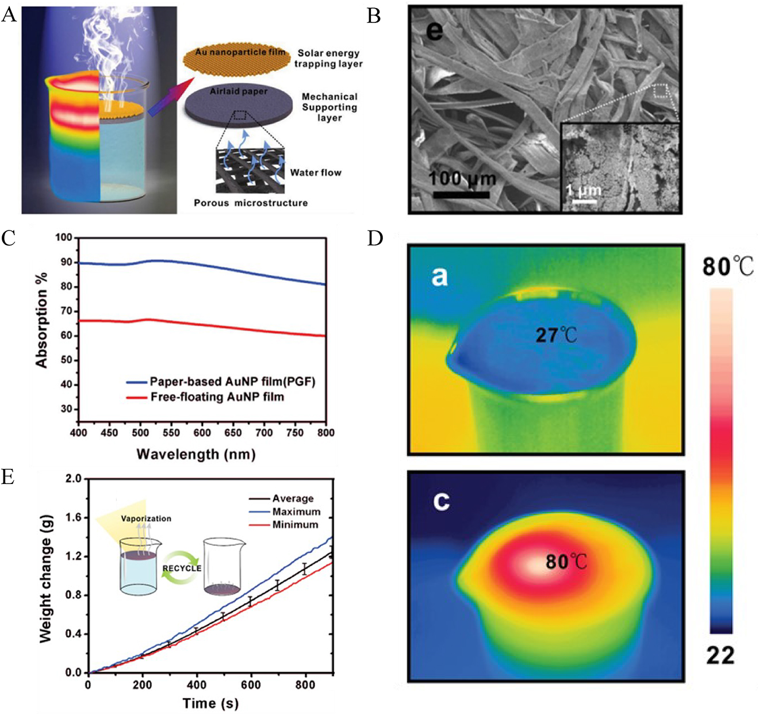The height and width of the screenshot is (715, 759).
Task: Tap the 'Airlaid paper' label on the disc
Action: coord(239,91)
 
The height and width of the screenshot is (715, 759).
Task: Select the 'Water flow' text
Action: coord(316,172)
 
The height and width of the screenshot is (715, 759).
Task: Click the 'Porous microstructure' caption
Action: coord(251,203)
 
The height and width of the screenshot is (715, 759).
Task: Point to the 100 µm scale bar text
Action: coord(462,179)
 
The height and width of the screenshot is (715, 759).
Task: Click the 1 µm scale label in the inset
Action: coord(584,190)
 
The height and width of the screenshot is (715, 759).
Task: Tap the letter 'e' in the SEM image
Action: coord(435,30)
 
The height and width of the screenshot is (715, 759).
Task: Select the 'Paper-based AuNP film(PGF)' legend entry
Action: coord(232,382)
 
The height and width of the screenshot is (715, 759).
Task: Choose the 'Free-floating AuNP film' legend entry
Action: coord(217,397)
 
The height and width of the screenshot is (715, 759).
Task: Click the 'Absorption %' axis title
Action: coord(41,320)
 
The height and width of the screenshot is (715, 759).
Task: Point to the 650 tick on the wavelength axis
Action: coord(233,433)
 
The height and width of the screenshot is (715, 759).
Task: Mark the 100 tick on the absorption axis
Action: coord(64,237)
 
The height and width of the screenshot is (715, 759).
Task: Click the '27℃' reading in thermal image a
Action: coord(556,335)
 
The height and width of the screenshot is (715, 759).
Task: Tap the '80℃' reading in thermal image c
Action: coord(566,561)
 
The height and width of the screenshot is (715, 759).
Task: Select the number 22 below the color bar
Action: coord(720,655)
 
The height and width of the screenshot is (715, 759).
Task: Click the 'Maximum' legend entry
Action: coord(296,512)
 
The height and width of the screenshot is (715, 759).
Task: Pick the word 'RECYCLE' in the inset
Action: coord(182,568)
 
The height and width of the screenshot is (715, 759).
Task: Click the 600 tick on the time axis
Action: coord(251,685)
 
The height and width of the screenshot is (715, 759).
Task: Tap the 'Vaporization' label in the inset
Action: coord(146,518)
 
